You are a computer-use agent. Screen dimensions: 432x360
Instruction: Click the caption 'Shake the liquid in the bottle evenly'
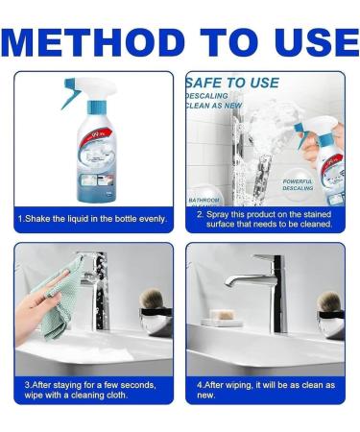[x=93, y=218]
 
